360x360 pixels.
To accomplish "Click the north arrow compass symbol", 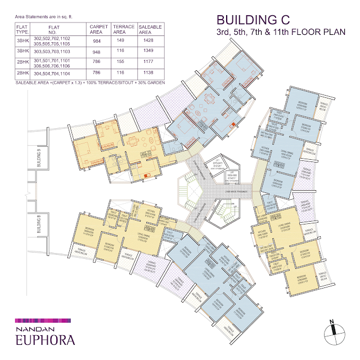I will [x=332, y=331].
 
